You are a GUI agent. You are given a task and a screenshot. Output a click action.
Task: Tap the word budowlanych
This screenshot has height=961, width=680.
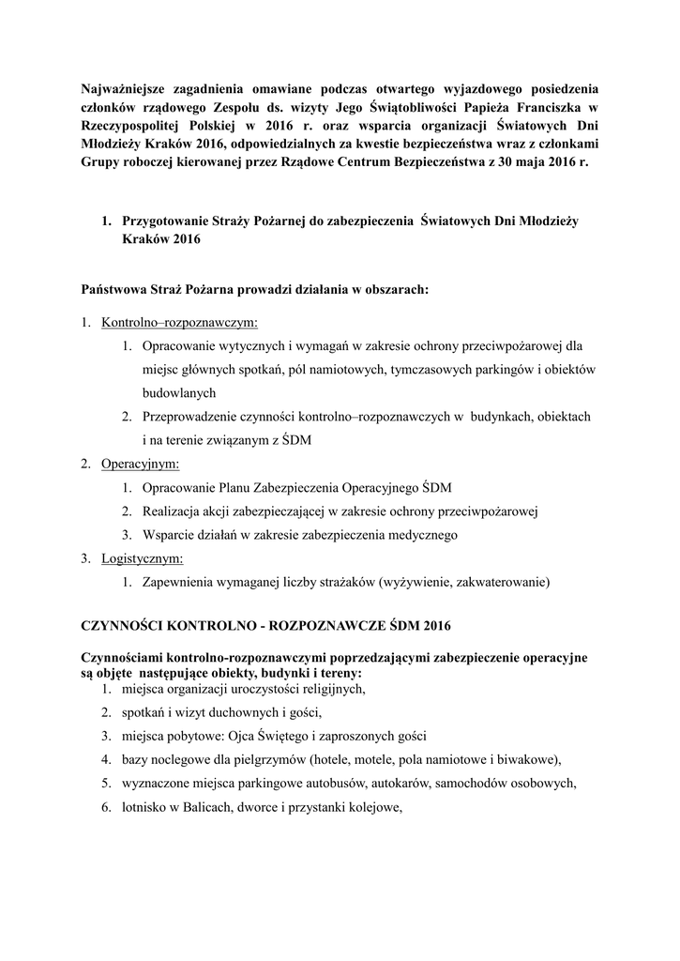pyautogui.click(x=179, y=393)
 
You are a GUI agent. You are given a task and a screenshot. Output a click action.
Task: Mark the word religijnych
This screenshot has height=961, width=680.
pyautogui.click(x=329, y=689)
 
